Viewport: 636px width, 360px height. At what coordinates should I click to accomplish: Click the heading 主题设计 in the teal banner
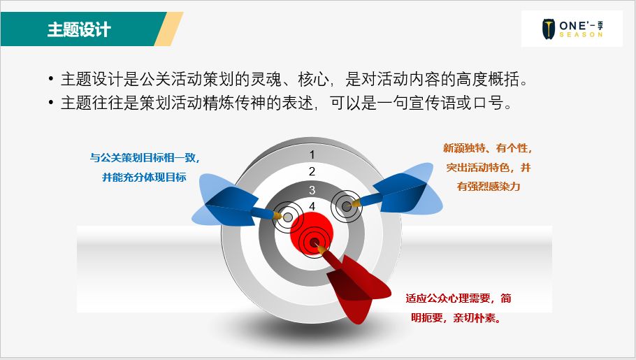coord(79,29)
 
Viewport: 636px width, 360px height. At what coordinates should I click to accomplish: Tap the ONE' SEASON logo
coord(571,29)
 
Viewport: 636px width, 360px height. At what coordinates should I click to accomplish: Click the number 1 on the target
coord(312,154)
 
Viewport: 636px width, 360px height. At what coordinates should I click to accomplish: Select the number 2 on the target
coord(312,172)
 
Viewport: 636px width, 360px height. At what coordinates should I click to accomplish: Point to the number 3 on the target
coord(312,190)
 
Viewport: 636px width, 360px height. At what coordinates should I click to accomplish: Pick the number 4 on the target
coord(312,206)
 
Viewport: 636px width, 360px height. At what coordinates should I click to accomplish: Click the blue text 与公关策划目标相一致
coord(149,158)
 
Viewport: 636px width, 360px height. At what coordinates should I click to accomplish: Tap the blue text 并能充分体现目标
coord(144,178)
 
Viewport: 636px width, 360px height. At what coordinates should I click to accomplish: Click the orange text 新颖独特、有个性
coord(488,148)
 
